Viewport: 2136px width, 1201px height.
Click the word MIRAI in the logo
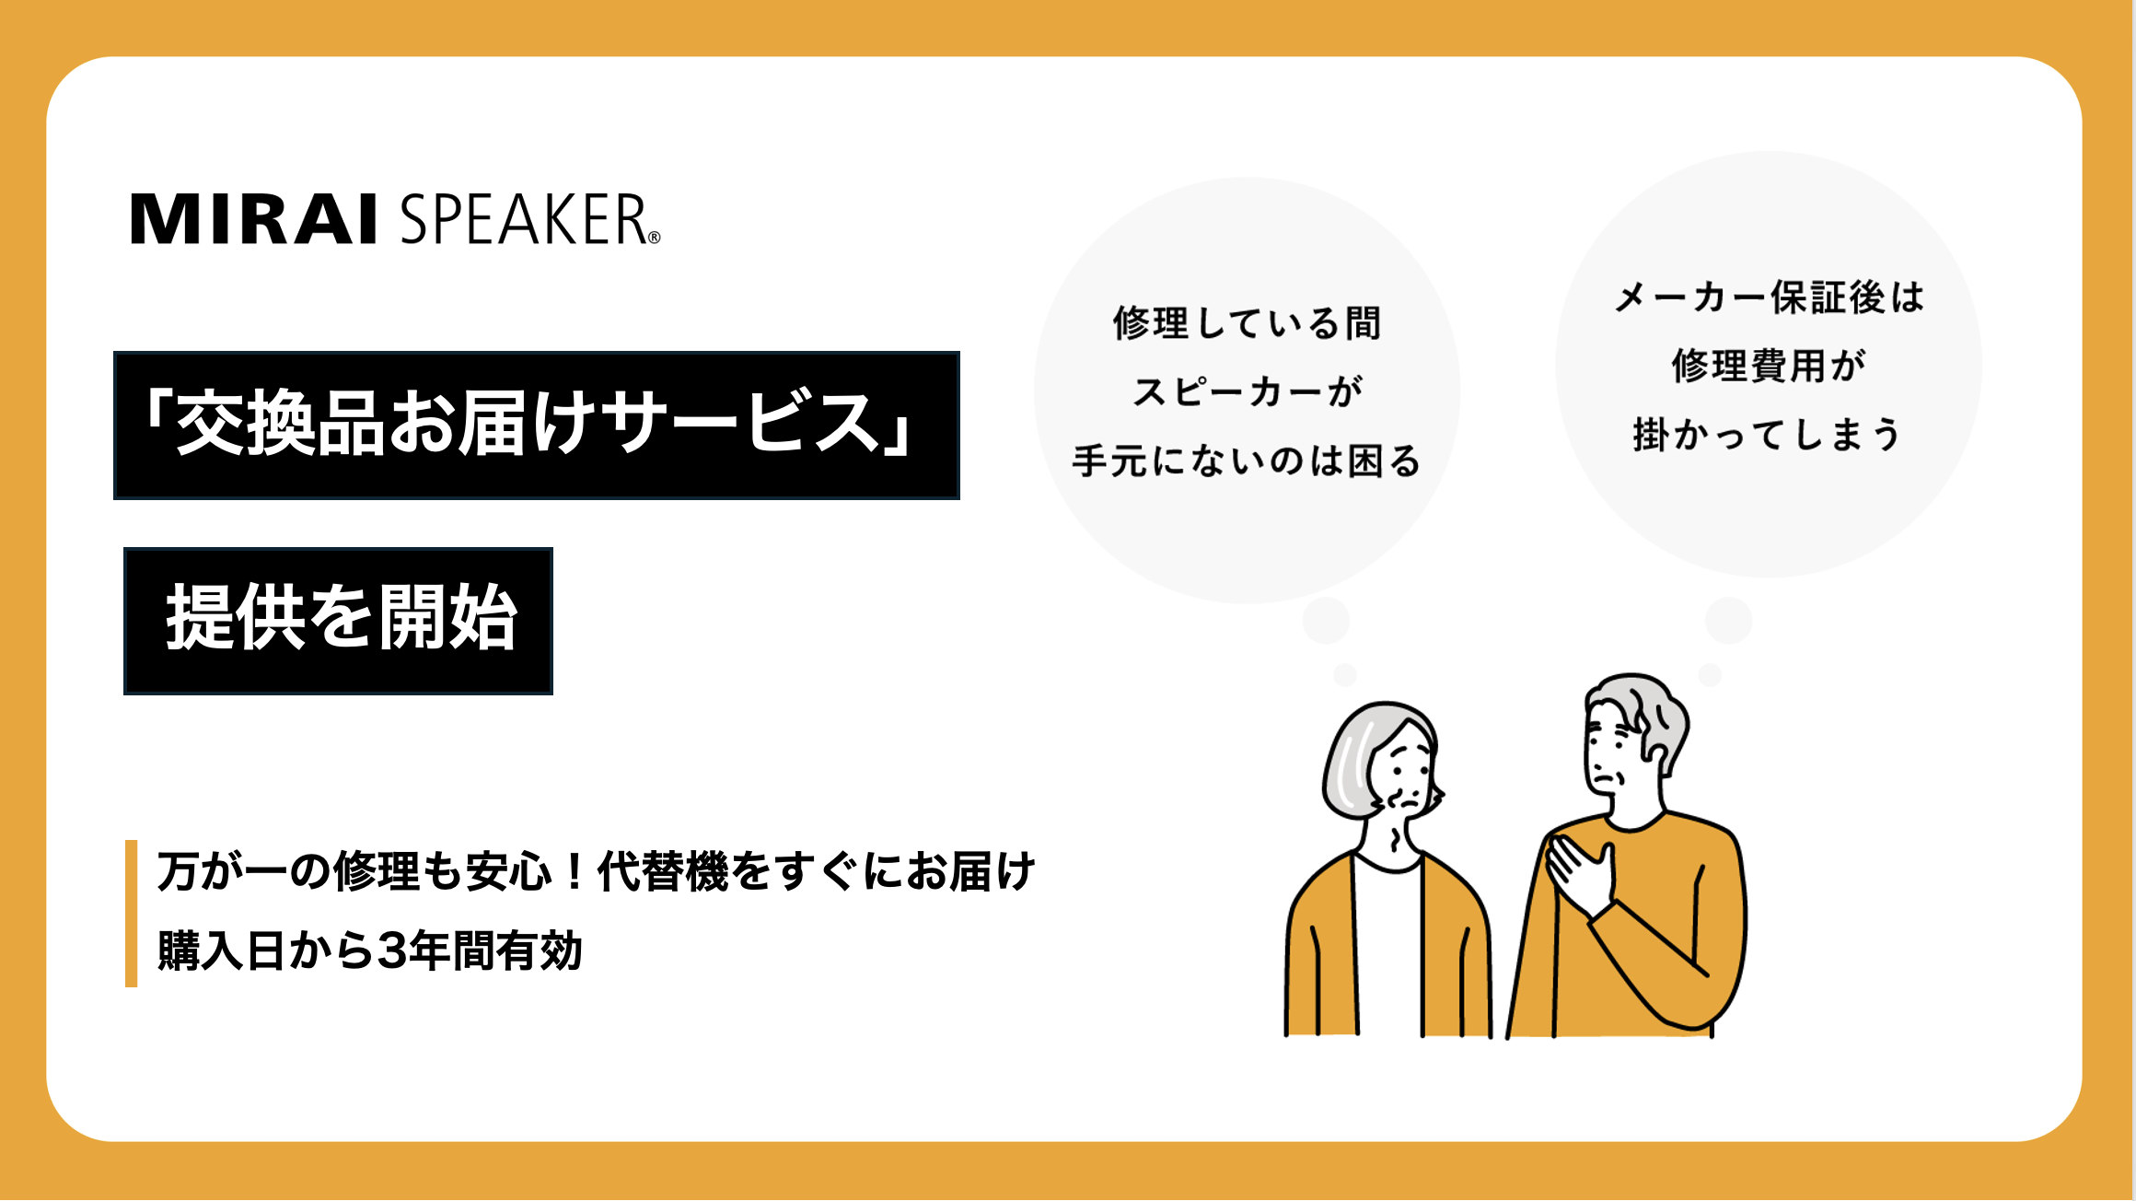tap(254, 219)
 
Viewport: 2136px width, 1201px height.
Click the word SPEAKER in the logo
tap(523, 219)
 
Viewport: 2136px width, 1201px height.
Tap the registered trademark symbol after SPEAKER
tap(655, 238)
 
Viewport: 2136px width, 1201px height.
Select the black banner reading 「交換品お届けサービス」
tap(537, 426)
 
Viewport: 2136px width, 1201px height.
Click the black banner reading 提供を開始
tap(338, 621)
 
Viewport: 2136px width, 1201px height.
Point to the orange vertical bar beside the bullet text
tap(131, 914)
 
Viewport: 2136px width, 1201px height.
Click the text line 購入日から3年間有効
tap(370, 951)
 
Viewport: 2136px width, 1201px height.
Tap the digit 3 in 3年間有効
tap(391, 951)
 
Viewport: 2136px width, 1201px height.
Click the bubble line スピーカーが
tap(1247, 392)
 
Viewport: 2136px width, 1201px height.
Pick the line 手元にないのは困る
tap(1247, 461)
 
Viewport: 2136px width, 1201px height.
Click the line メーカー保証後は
tap(1769, 297)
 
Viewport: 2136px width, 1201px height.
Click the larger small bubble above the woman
tap(1326, 621)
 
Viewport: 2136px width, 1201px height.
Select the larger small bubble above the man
tap(1728, 620)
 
